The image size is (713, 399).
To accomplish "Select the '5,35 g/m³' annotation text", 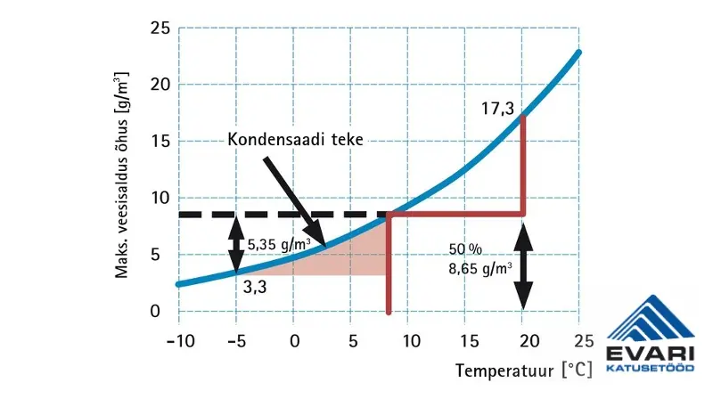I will coord(278,243).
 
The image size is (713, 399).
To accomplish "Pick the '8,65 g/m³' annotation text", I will coord(479,265).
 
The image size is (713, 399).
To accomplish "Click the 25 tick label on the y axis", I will coord(160,28).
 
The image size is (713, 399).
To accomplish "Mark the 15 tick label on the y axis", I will coord(160,142).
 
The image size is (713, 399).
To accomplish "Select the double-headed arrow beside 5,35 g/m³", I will coord(236,244).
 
